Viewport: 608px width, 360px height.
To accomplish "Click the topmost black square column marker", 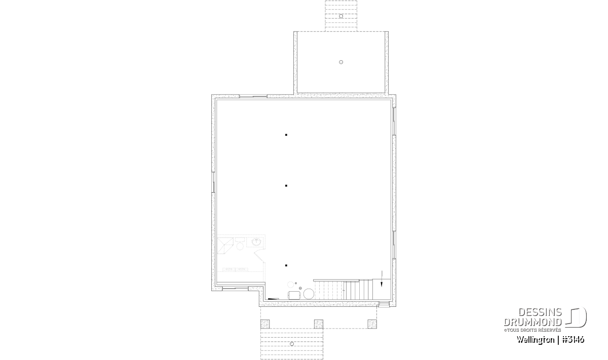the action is tap(286, 135).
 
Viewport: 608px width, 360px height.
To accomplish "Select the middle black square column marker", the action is tap(286, 186).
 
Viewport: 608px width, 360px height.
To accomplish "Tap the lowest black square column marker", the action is tap(286, 266).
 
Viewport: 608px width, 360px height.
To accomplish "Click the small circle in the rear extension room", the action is tap(341, 62).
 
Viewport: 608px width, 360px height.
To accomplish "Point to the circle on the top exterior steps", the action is tap(341, 16).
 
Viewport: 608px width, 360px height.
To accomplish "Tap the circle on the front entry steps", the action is tap(292, 344).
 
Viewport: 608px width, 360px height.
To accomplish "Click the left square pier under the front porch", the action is tap(265, 324).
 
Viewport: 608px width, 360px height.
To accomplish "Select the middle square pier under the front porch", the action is tap(319, 324).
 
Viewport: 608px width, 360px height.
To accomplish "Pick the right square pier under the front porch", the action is tap(372, 324).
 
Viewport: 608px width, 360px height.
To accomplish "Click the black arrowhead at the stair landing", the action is tap(382, 285).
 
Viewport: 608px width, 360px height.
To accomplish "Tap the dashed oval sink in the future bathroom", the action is tap(256, 242).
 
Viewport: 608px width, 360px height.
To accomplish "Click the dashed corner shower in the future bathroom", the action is tap(225, 246).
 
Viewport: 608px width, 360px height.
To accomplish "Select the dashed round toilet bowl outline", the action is tap(240, 247).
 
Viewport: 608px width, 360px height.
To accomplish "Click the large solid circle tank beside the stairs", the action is tap(309, 294).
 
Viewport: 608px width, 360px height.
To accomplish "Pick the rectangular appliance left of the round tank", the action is tap(294, 295).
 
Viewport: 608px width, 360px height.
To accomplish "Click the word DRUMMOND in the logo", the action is tap(533, 323).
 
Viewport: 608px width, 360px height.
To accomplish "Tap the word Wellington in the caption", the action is tap(536, 340).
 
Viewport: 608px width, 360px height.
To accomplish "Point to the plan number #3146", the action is tap(573, 340).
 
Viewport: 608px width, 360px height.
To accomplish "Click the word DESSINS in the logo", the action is tap(540, 312).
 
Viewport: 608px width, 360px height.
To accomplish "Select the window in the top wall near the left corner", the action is tap(253, 96).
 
